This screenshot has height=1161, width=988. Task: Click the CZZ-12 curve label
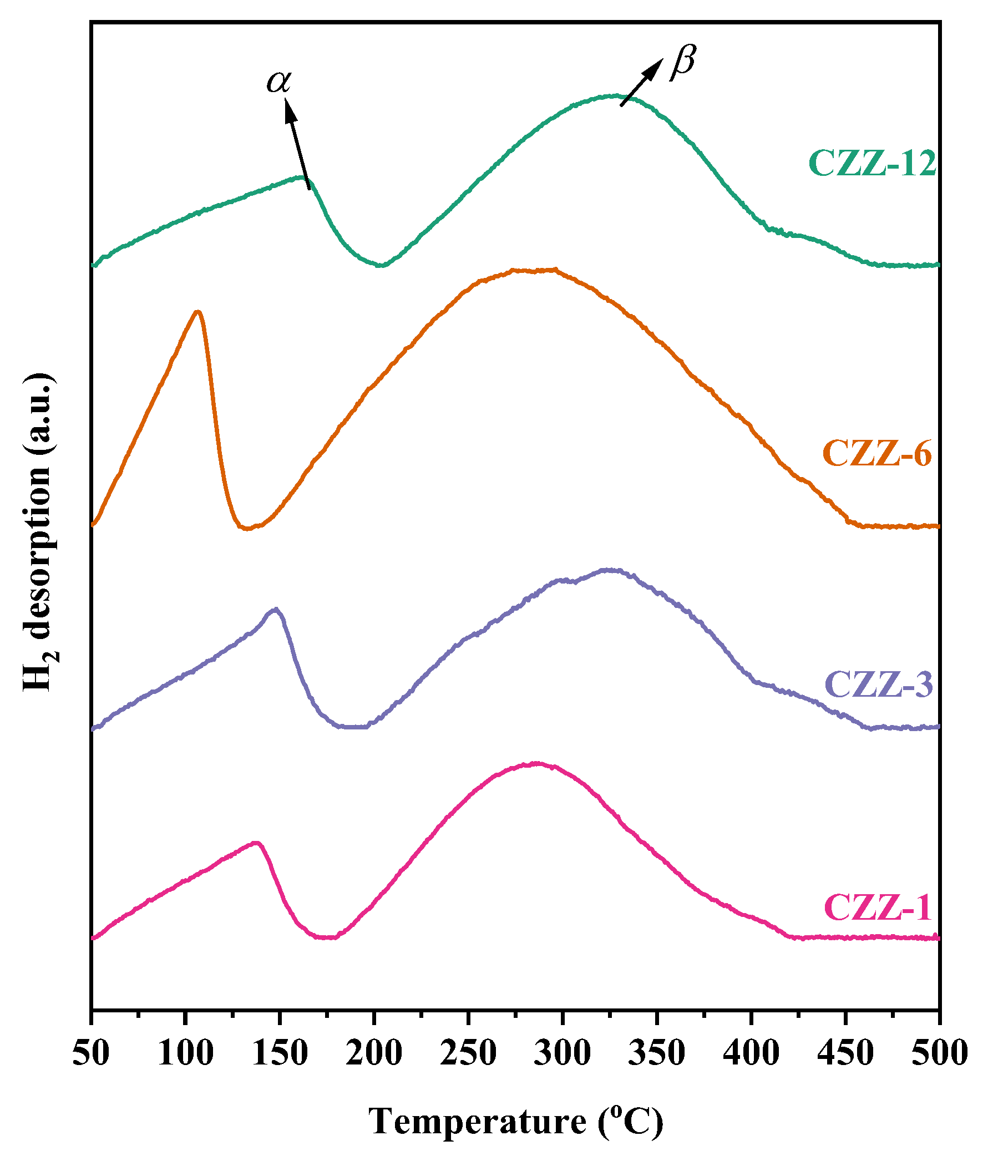(x=872, y=164)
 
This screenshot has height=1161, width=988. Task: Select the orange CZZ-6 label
(x=877, y=453)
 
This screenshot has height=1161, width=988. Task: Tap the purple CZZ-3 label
(x=878, y=684)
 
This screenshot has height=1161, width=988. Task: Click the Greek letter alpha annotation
(x=278, y=82)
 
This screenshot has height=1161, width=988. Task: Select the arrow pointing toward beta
(x=642, y=82)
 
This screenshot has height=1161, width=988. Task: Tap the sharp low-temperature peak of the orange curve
(x=197, y=312)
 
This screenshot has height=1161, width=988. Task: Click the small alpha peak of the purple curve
(x=275, y=609)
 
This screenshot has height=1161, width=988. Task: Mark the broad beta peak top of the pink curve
(x=536, y=764)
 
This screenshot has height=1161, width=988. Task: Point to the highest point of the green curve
(x=616, y=96)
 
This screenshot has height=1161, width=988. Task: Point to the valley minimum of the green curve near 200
(x=381, y=265)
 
